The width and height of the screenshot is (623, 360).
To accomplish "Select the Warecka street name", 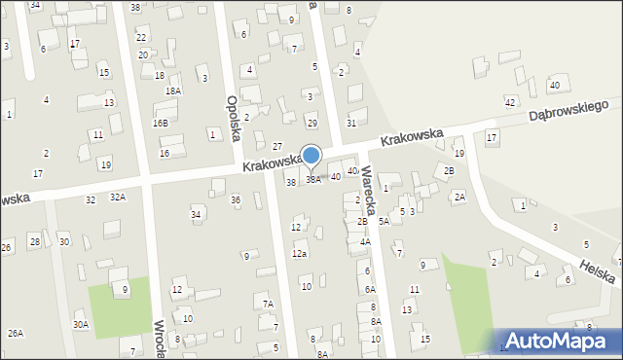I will (369, 185).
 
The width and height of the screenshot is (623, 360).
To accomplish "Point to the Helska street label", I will (595, 270).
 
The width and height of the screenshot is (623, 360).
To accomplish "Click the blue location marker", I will (311, 157).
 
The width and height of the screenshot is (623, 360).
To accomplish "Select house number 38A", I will (313, 179).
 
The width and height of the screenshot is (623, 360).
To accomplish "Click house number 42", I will (509, 102).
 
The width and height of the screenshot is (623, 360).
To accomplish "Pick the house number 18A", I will (173, 90).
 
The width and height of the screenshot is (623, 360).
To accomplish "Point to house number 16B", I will (160, 123).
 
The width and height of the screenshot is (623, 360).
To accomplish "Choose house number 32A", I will (117, 197).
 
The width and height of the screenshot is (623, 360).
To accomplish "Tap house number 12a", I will (300, 254).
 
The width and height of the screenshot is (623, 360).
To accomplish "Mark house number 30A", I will (80, 324).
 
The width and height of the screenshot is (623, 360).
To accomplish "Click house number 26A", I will (16, 333).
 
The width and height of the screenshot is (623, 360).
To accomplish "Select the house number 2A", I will (459, 197).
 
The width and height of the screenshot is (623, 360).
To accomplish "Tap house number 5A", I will (384, 222).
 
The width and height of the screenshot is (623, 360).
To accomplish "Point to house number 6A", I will (370, 289).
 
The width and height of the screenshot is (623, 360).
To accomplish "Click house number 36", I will (235, 199).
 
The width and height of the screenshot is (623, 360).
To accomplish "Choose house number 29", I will (311, 123).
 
